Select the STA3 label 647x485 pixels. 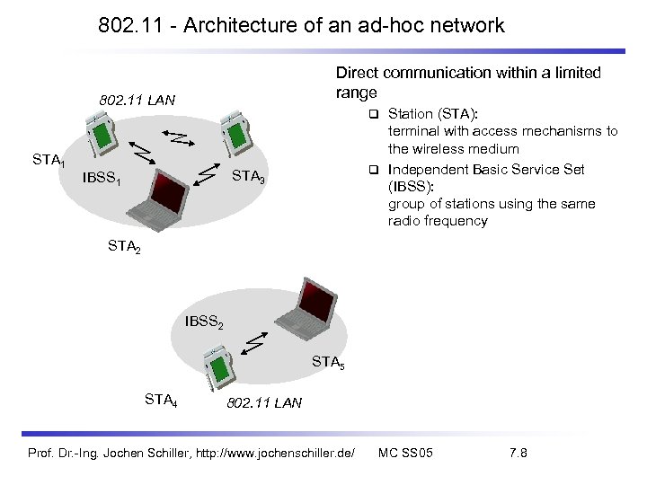tap(248, 177)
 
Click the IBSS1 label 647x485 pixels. tap(101, 178)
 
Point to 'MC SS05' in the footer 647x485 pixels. tap(406, 453)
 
